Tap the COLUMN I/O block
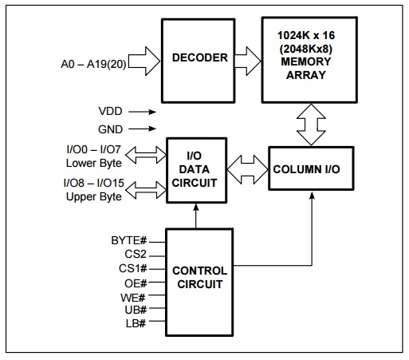(x=309, y=168)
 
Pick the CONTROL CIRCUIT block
(x=199, y=277)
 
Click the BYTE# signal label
(x=128, y=239)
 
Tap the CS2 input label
(x=134, y=254)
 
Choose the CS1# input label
(x=132, y=268)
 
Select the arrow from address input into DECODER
(x=144, y=58)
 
